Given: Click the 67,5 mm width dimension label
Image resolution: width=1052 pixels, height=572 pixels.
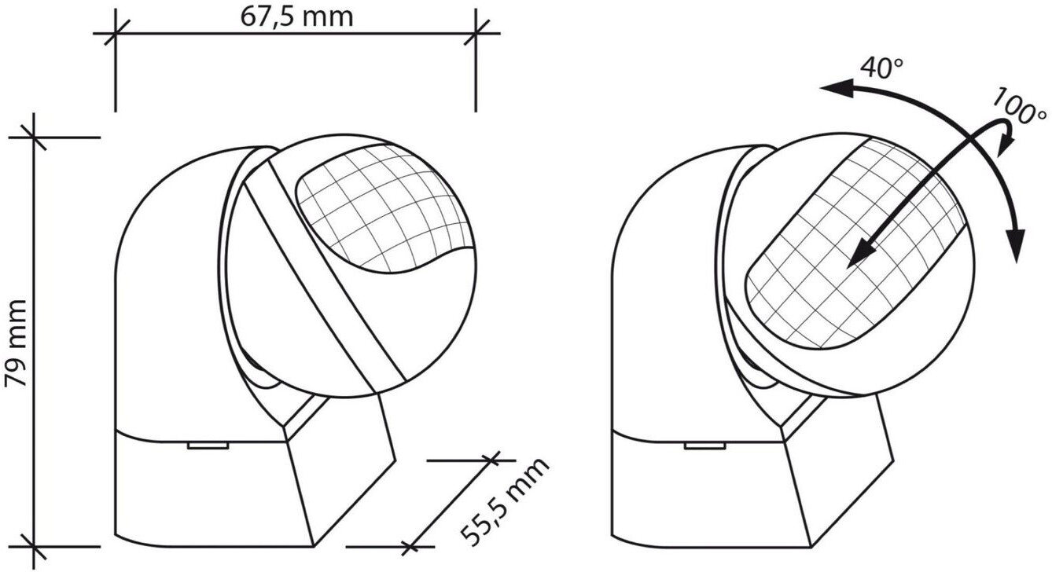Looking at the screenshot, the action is click(296, 16).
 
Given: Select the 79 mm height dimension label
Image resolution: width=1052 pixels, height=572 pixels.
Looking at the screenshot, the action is click(17, 343).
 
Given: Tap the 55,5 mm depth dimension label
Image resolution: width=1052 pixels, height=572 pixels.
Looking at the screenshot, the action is click(504, 501).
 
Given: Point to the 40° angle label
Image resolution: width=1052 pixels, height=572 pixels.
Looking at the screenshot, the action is click(882, 68).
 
